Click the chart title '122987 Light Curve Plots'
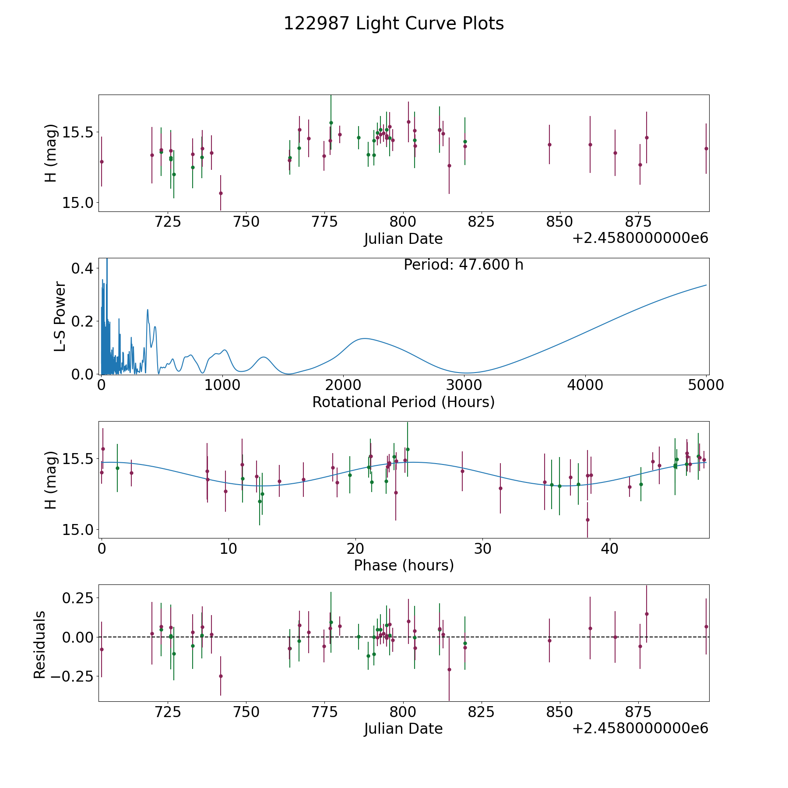click(394, 24)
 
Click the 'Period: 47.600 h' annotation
click(463, 265)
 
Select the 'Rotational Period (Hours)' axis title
click(403, 402)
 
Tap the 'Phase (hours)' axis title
click(404, 566)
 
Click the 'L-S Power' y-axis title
click(60, 316)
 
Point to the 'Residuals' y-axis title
click(40, 644)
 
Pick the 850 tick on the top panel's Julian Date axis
click(559, 222)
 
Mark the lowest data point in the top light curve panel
click(221, 193)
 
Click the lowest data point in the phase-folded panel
click(587, 520)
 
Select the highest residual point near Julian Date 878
click(647, 614)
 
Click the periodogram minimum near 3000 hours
click(465, 373)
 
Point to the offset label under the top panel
click(640, 238)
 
